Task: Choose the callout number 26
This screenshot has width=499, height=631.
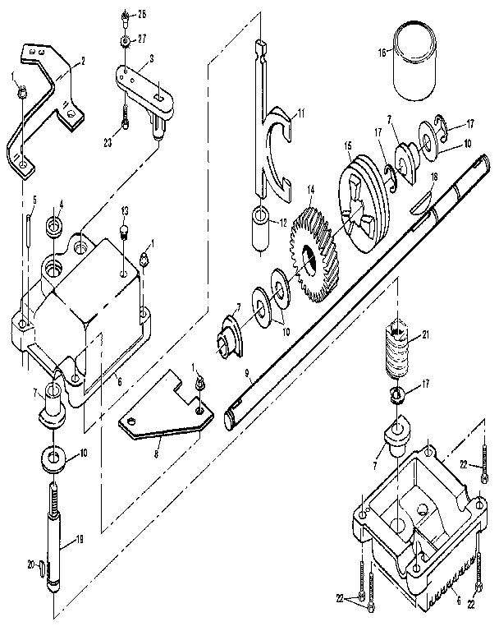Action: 142,15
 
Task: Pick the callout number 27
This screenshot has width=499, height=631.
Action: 142,39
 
